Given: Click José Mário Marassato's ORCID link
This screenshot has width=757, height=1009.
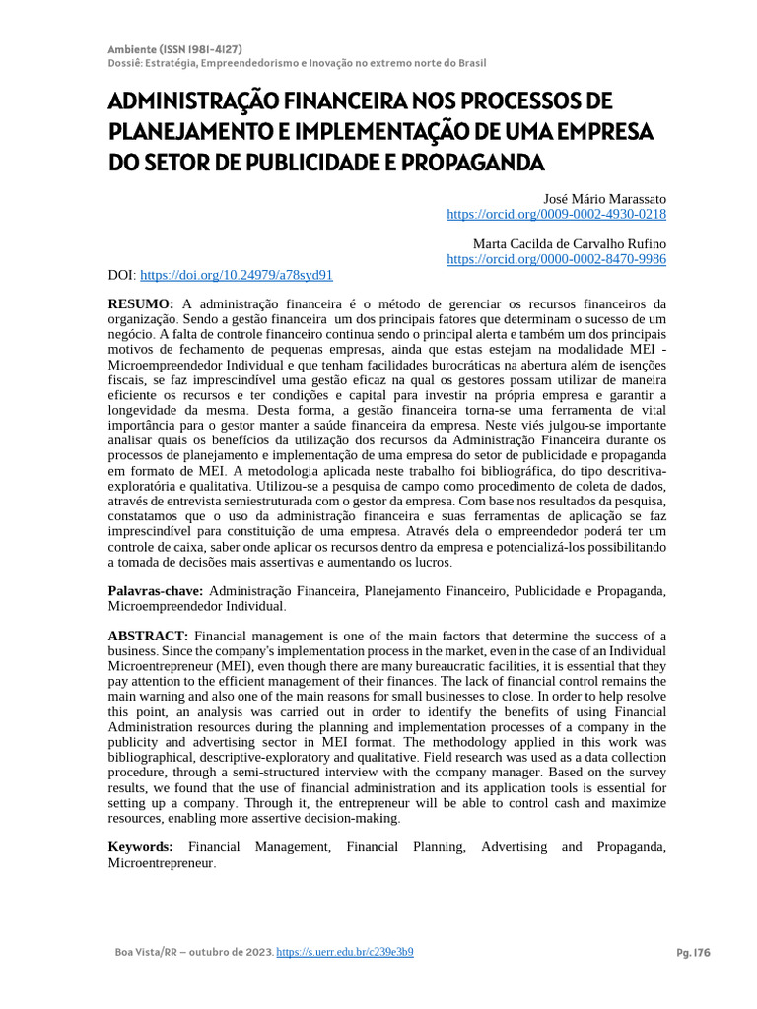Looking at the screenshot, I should tap(556, 214).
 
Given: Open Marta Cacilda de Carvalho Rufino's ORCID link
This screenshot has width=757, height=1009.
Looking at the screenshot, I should tap(556, 259).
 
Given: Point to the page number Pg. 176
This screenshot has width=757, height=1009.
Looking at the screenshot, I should tap(693, 953).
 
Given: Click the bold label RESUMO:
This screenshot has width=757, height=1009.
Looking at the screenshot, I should tap(141, 303).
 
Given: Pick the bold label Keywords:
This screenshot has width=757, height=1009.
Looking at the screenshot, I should tap(140, 846).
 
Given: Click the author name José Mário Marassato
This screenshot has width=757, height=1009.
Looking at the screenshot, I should tap(605, 198).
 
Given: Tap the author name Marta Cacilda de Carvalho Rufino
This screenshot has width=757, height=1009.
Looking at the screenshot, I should tap(570, 243).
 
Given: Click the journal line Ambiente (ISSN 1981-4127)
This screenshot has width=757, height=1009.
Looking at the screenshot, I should tap(174, 49).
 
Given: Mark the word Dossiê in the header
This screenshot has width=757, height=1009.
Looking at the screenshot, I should tap(124, 63).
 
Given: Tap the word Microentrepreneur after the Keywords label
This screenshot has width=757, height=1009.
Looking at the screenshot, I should tap(160, 862).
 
